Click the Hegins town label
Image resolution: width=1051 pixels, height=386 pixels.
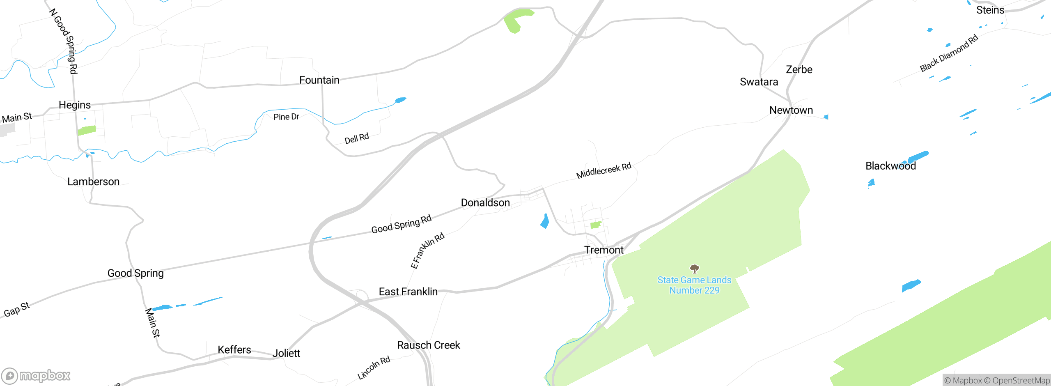coord(75,105)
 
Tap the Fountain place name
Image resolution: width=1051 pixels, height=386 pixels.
coord(319,80)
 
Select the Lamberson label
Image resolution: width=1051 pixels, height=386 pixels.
coord(94,182)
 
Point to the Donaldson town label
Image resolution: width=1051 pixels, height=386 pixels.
coord(485,202)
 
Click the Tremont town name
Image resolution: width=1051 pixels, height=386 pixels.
coord(604,250)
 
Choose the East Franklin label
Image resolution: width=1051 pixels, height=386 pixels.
coord(408,292)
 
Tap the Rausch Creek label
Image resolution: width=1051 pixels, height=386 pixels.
coord(429,345)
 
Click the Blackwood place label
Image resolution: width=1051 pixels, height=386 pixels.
coord(890,166)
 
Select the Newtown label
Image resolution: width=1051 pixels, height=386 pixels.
coord(791,110)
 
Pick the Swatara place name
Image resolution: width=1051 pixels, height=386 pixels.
coord(759,82)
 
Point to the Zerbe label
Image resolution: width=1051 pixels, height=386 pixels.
coord(799,69)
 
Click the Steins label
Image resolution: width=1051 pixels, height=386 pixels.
coord(990,10)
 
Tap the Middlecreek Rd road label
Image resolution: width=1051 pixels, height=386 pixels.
coord(604,170)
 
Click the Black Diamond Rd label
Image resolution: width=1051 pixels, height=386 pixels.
coord(949,53)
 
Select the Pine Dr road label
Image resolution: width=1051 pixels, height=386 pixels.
coord(286,117)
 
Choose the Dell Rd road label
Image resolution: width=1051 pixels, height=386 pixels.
coord(356,138)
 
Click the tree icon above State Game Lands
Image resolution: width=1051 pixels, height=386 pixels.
coord(694,269)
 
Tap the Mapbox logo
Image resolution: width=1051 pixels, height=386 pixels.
coord(36,375)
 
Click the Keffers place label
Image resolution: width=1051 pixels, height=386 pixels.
coord(234,349)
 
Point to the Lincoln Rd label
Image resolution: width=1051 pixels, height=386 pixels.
coord(374,368)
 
